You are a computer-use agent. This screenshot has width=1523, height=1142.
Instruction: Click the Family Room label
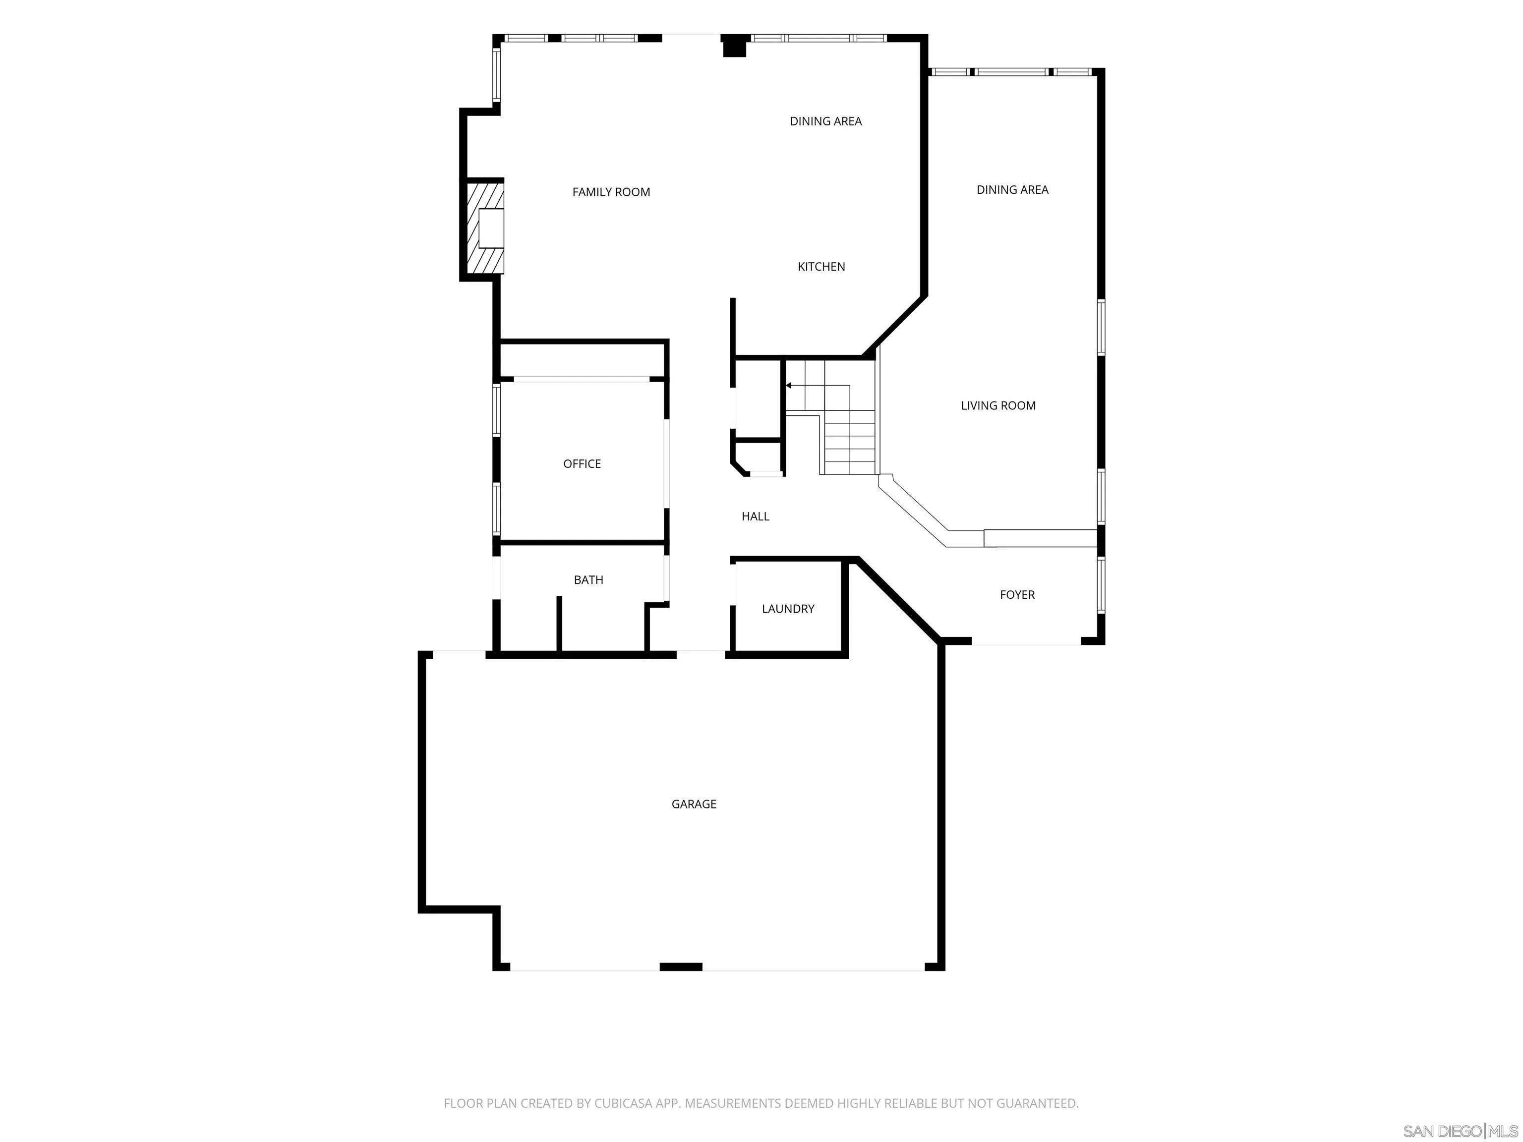(611, 192)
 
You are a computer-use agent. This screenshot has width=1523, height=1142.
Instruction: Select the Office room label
(582, 464)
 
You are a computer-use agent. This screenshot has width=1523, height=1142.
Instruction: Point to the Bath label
(588, 579)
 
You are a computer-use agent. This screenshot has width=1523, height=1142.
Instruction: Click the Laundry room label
(788, 609)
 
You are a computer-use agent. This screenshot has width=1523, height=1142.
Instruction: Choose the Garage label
(694, 804)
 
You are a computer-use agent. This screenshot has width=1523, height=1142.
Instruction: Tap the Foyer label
(1017, 595)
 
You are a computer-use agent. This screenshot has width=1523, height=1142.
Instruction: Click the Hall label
(756, 516)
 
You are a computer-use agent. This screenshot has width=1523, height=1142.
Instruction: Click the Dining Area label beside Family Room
(825, 121)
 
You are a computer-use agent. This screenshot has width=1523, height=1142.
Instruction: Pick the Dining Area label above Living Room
(1012, 189)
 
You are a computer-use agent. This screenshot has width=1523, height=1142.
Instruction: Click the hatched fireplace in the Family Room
(485, 227)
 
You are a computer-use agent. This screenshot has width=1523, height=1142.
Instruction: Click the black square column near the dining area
(734, 46)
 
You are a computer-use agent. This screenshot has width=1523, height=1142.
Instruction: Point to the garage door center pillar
(681, 967)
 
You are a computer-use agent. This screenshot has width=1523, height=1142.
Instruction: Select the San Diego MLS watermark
(1461, 1131)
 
